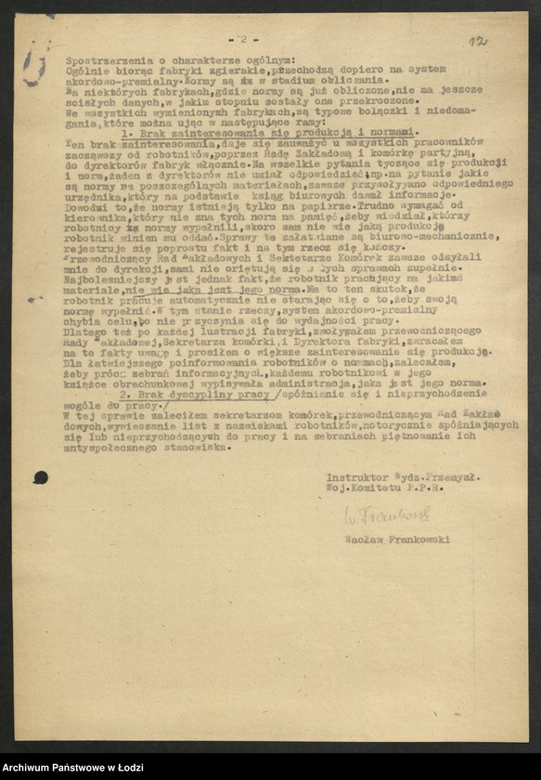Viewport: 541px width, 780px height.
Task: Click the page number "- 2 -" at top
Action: tap(243, 39)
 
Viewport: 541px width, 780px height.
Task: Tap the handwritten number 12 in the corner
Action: tap(478, 42)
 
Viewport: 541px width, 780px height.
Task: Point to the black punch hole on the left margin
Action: tap(41, 477)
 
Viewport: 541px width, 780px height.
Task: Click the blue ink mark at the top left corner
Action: tap(34, 67)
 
